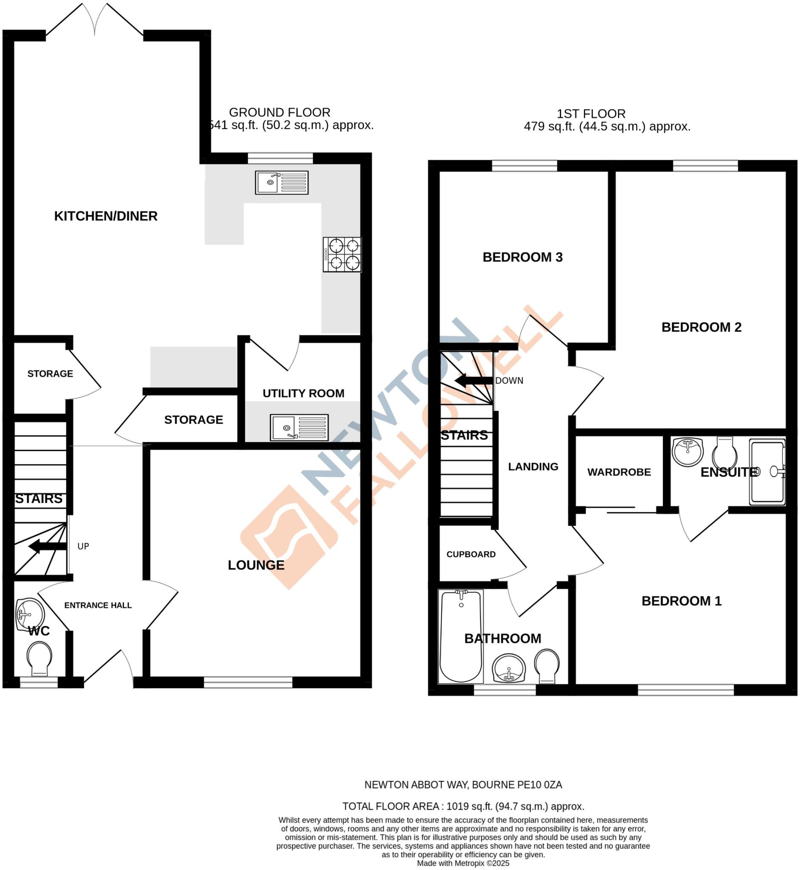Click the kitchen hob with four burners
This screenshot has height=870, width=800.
[342, 255]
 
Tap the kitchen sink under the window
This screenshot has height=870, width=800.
[282, 182]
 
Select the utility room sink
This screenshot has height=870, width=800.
[299, 428]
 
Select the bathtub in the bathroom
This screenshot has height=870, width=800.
[460, 636]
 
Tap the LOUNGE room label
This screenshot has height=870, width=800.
[256, 565]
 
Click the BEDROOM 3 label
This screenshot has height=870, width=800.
[522, 257]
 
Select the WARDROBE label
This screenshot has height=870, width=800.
[619, 472]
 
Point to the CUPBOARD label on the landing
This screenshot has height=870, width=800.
[471, 554]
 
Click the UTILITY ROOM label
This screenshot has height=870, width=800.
[303, 393]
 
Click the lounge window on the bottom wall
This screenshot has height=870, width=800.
[248, 682]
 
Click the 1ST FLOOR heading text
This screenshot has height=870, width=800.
[591, 114]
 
